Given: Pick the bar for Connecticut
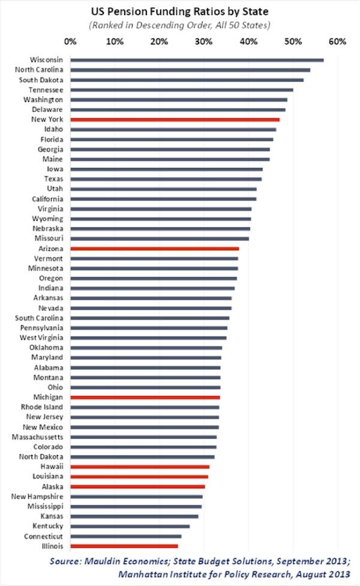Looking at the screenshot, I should pyautogui.click(x=126, y=536).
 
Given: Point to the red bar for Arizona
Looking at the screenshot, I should pyautogui.click(x=155, y=248).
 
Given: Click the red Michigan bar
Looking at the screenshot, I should pyautogui.click(x=145, y=397).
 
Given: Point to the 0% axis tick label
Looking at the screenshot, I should pyautogui.click(x=70, y=41).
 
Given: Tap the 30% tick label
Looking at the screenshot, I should pyautogui.click(x=204, y=41).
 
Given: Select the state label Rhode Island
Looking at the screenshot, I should pyautogui.click(x=46, y=407).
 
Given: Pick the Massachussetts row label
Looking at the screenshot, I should pyautogui.click(x=38, y=436).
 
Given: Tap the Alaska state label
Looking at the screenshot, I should pyautogui.click(x=52, y=486).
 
